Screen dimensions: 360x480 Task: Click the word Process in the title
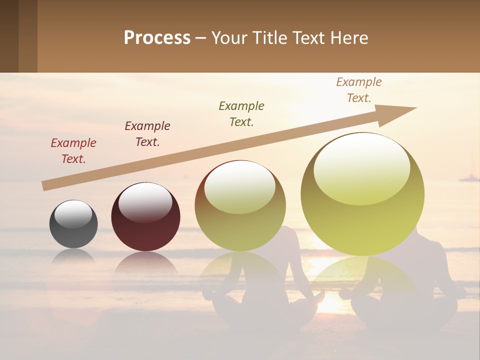(157, 38)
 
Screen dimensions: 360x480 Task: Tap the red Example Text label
(73, 151)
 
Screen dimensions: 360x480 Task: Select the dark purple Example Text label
(147, 134)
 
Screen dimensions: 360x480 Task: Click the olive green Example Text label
(241, 114)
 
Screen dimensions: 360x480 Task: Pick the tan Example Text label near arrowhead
(358, 90)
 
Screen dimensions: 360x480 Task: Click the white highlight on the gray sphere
(73, 214)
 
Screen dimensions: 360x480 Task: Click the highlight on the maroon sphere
(145, 202)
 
